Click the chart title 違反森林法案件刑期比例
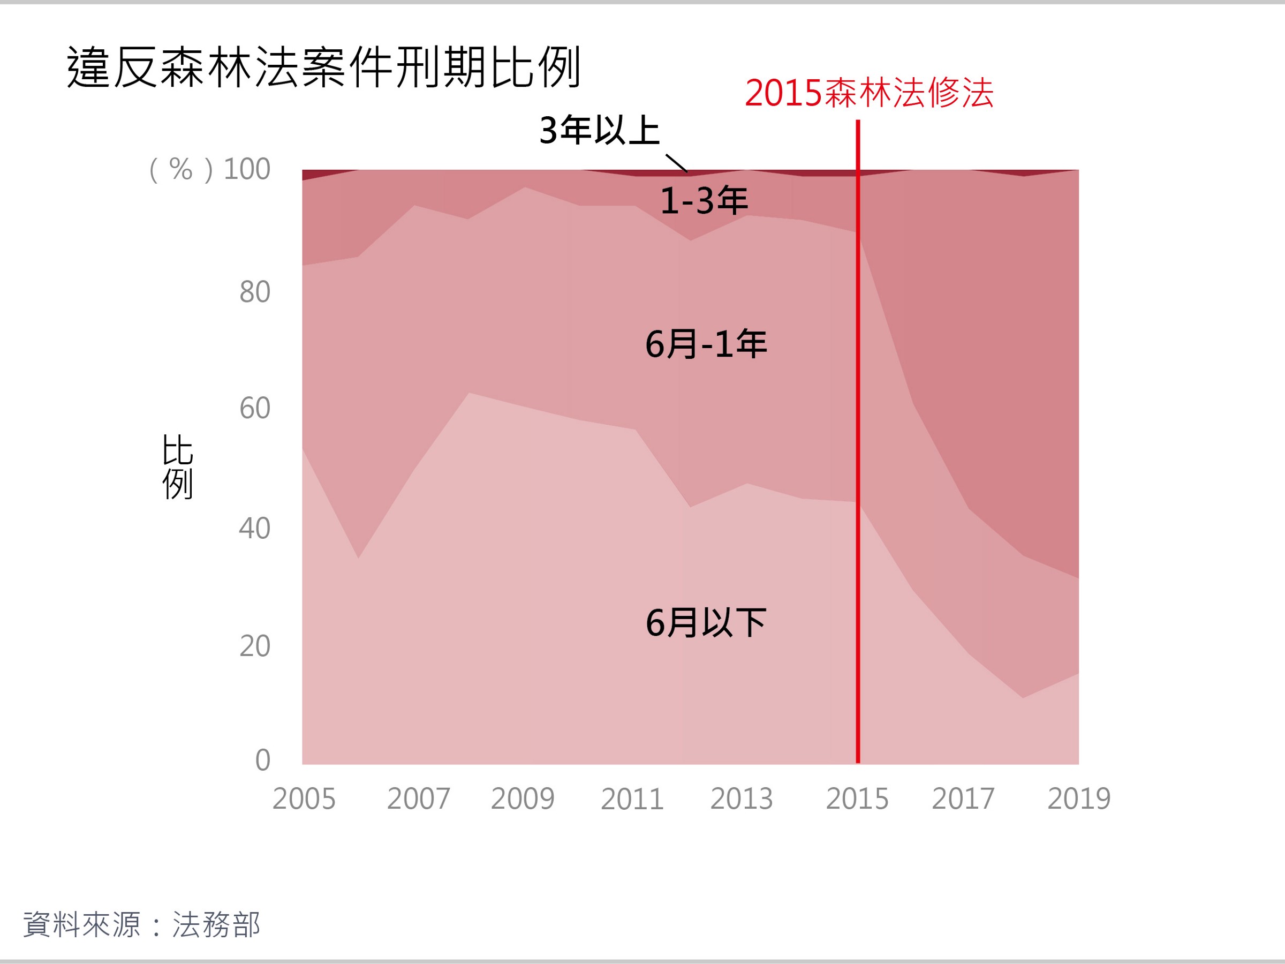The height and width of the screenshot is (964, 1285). click(x=323, y=67)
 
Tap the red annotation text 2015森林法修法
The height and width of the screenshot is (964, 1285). click(x=869, y=93)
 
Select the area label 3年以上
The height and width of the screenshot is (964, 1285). click(x=600, y=130)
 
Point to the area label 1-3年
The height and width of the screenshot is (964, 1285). click(x=704, y=200)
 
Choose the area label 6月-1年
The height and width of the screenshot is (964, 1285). click(x=706, y=343)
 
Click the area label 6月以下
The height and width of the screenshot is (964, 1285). click(x=706, y=623)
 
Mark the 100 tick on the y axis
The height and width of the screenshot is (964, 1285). click(x=247, y=169)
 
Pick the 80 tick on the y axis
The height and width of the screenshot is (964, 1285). click(x=254, y=292)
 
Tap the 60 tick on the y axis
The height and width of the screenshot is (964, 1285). click(x=254, y=409)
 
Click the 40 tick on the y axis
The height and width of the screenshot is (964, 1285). click(x=254, y=528)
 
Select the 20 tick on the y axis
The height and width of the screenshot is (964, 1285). click(x=254, y=646)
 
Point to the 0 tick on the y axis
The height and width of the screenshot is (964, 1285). click(x=262, y=760)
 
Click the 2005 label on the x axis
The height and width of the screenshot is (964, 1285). click(x=304, y=799)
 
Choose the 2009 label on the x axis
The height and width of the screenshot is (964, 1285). click(x=523, y=799)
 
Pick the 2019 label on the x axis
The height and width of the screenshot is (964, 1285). click(x=1079, y=799)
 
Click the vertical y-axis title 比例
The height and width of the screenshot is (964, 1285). click(x=177, y=466)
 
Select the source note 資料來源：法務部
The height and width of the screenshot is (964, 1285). click(x=142, y=924)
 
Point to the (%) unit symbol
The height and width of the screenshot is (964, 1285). click(x=180, y=170)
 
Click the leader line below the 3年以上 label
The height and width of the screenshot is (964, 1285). click(x=676, y=163)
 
